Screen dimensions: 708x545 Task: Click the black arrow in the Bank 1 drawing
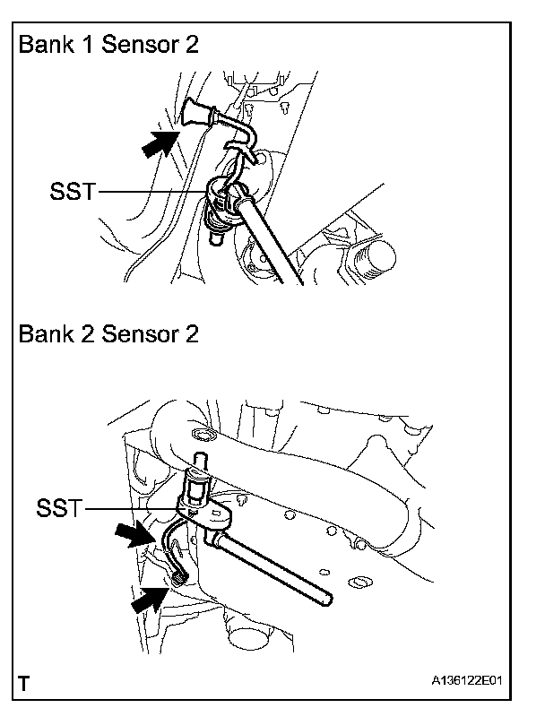[160, 142]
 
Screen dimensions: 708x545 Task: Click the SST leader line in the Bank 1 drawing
[152, 191]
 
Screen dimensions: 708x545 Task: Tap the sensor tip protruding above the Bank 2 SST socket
[199, 462]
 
